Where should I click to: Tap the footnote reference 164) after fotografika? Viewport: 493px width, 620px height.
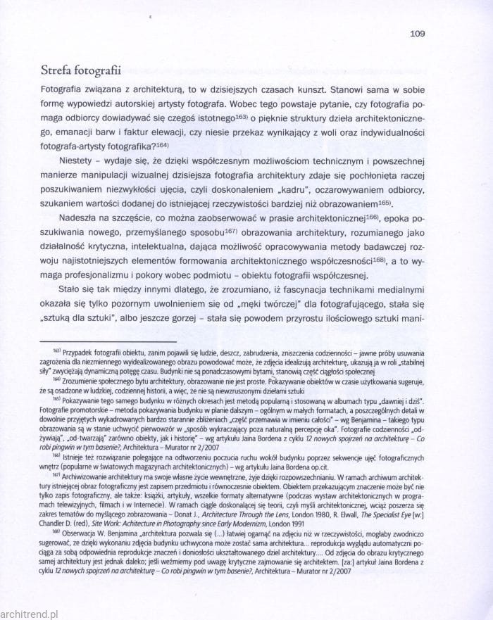[162, 144]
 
